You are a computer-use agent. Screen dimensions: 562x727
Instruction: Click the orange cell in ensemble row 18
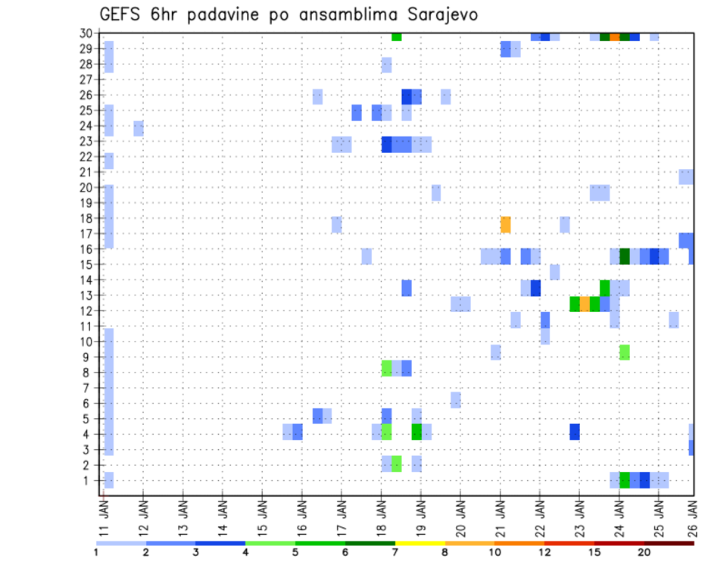[505, 225]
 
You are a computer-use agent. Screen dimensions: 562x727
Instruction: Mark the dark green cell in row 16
[625, 256]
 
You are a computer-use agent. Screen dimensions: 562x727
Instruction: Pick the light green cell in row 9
[625, 351]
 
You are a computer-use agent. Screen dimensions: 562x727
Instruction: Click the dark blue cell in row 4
[575, 432]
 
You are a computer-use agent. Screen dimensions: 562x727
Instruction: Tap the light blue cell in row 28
[386, 65]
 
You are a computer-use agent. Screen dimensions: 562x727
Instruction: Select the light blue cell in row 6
[455, 400]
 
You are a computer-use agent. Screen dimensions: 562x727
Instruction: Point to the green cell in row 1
[625, 480]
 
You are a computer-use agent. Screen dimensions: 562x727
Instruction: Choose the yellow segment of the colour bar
[420, 543]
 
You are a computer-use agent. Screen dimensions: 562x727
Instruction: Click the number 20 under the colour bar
[644, 553]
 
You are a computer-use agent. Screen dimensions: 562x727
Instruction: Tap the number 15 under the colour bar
[594, 553]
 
